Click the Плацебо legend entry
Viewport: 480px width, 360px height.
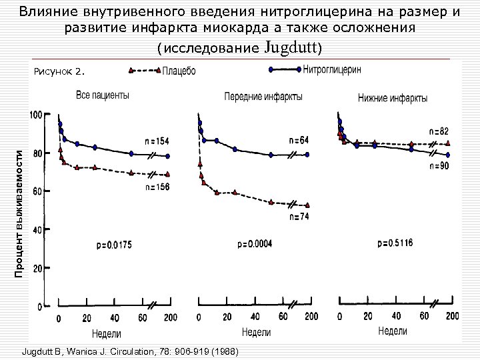179,71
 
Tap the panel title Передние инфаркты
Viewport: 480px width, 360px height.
263,97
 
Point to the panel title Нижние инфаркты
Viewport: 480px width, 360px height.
393,99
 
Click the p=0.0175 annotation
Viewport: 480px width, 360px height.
114,245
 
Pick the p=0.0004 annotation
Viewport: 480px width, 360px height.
255,244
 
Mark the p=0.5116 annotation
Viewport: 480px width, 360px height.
395,243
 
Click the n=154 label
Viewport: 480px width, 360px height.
158,141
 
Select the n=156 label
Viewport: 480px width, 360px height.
158,187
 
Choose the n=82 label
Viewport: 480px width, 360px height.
438,131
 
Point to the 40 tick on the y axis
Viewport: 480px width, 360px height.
38,229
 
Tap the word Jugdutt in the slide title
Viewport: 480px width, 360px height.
293,47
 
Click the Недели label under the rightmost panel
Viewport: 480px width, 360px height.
393,331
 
